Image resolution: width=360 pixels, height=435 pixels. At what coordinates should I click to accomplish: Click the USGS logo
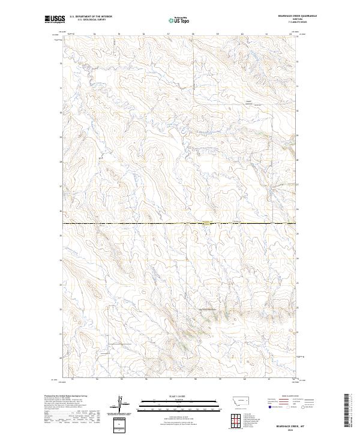pos(55,19)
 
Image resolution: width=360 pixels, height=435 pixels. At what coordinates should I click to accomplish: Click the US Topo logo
pos(180,20)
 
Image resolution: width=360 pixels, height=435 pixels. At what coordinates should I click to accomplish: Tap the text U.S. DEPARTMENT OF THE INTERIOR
pos(91,17)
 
